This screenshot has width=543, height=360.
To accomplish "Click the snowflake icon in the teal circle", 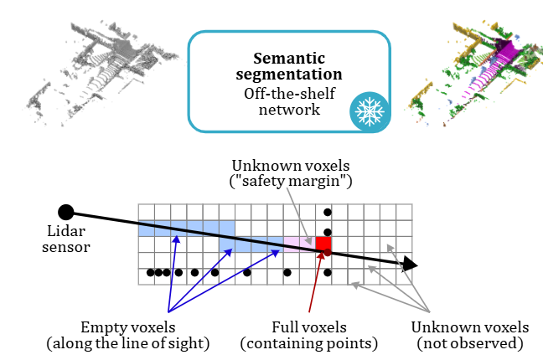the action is tap(370, 111).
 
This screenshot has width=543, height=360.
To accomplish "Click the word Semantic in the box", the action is tap(289, 58).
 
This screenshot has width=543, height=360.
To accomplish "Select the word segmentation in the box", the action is tap(289, 75).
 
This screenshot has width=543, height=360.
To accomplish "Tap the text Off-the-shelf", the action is tap(289, 93).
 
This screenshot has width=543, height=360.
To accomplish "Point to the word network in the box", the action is tap(289, 110).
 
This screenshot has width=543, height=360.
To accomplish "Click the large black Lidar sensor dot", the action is tap(66, 212).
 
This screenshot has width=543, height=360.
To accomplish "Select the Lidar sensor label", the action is tap(66, 239).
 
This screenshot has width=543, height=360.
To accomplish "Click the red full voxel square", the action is tap(323, 244).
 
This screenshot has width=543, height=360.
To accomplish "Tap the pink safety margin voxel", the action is tap(299, 244).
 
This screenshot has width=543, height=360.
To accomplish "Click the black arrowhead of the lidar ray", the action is tap(411, 265).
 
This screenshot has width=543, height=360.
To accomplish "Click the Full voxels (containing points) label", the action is tap(309, 335).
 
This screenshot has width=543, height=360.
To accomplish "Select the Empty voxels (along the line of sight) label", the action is tap(128, 335).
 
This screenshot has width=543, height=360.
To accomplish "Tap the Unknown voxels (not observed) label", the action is tap(470, 335).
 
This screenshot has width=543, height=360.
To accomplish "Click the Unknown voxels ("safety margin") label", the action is tap(291, 173).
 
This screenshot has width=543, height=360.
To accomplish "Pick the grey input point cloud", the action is tap(101, 73).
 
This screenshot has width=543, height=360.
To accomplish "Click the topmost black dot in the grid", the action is tap(328, 212).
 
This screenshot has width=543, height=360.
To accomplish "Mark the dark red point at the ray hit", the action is tap(328, 252).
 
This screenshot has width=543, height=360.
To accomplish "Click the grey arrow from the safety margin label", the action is tap(299, 216).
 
